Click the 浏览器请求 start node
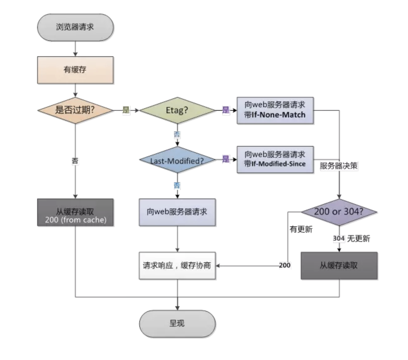(75, 27)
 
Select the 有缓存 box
(75, 70)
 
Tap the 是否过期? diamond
(75, 110)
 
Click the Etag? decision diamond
(177, 110)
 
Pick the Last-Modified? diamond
(177, 160)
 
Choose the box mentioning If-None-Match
(275, 110)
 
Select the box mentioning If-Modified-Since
(275, 160)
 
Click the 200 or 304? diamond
(339, 212)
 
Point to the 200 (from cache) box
(75, 212)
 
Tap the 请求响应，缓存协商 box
(177, 266)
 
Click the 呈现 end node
(177, 324)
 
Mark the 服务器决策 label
(339, 166)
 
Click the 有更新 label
(301, 229)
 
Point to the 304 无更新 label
(351, 238)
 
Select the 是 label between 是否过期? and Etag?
(126, 110)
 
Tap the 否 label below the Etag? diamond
(177, 135)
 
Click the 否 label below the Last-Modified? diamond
(177, 185)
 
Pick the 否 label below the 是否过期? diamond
(75, 161)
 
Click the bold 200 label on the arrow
(284, 265)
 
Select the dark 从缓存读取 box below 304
(339, 266)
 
